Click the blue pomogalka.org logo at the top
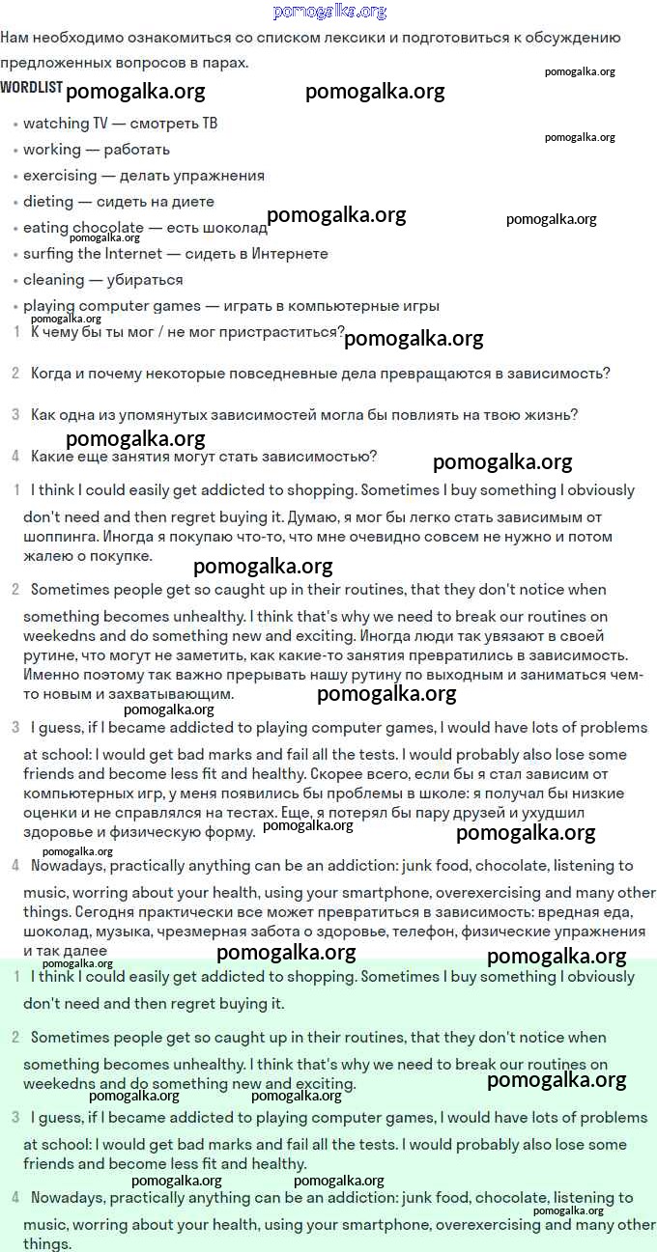coord(329,12)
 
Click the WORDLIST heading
coord(31,88)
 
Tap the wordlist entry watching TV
coord(66,124)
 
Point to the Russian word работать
coord(136,150)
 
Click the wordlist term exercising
coord(60,176)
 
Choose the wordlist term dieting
coord(48,202)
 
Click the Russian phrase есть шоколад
coord(216,228)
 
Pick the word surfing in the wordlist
coord(48,254)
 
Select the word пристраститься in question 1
coord(280,332)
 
